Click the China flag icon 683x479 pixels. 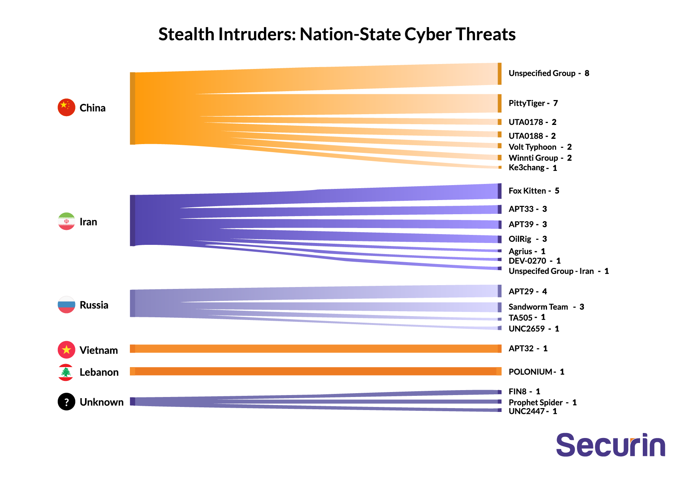point(66,107)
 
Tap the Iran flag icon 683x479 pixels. point(66,221)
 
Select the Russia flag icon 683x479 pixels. point(66,305)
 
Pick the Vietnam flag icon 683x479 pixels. point(66,349)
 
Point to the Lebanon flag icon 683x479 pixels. point(66,372)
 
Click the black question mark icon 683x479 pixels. point(66,402)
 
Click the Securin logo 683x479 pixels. point(610,445)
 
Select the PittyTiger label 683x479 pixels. point(526,103)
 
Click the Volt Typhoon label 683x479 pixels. point(532,147)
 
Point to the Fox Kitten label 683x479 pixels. point(527,191)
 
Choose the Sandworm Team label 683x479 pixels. point(538,307)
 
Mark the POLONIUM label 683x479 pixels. point(530,372)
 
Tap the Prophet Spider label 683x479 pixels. point(536,402)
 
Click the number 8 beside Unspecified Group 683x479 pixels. point(587,73)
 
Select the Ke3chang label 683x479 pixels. point(526,167)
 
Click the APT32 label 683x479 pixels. point(521,348)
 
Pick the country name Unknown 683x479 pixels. point(102,402)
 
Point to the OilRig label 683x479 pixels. point(520,239)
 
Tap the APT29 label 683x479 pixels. point(521,292)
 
